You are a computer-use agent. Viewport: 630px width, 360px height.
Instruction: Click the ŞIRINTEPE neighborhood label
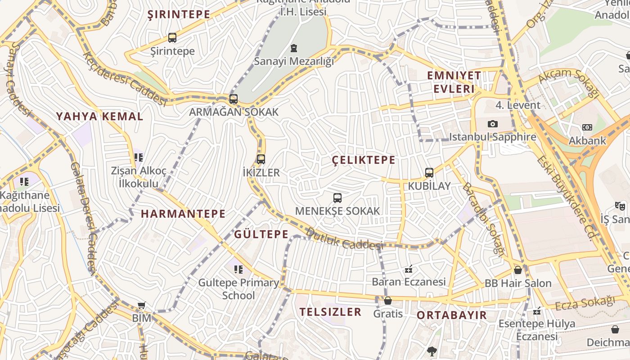pos(179,14)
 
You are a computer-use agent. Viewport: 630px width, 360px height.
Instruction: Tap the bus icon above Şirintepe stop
pos(172,38)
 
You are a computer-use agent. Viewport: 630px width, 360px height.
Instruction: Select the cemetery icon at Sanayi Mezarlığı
pos(294,48)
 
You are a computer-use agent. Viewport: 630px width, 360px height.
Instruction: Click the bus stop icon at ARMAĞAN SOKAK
pos(234,99)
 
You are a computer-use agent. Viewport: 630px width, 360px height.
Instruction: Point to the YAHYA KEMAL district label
pos(99,117)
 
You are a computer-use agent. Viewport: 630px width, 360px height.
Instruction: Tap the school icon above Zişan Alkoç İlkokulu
pos(139,157)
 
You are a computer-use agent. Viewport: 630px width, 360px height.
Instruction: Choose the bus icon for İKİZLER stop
pos(261,159)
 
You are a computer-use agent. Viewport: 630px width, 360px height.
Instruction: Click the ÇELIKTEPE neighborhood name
pos(364,160)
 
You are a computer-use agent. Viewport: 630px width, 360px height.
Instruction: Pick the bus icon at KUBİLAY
pos(429,172)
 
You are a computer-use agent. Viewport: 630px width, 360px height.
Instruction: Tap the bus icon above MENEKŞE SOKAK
pos(337,198)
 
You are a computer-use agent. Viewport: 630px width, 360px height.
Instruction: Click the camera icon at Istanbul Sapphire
pos(493,124)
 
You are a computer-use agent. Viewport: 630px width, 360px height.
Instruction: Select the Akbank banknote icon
pos(587,127)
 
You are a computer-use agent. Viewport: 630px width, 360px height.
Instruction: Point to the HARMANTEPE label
pos(183,214)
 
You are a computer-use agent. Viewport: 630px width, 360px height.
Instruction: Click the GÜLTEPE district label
pos(261,234)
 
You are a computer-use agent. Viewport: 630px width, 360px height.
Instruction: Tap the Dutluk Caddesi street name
pos(344,239)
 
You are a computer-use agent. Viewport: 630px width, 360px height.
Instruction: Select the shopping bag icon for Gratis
pos(388,300)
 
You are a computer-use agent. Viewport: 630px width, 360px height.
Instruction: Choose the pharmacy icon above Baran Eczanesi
pos(409,269)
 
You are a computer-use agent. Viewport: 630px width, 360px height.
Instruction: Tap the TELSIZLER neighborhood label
pos(330,312)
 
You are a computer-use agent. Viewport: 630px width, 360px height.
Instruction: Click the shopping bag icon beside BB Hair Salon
pos(518,270)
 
